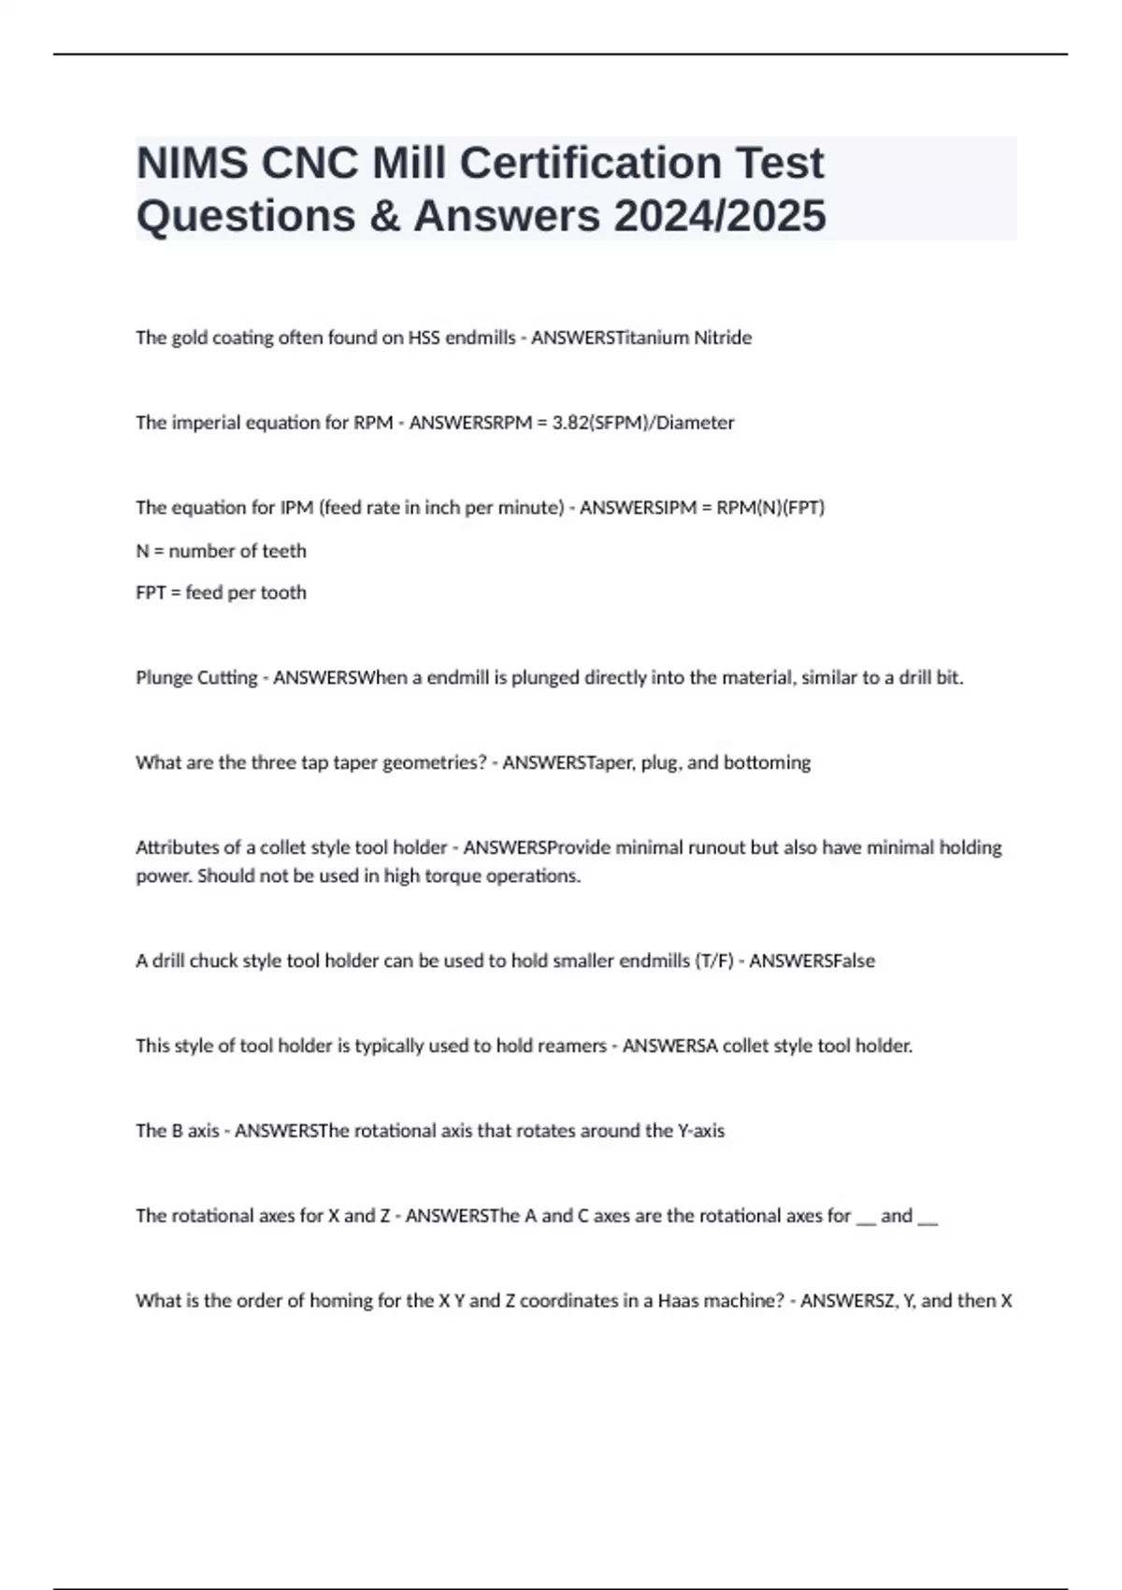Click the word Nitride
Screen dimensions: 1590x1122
722,338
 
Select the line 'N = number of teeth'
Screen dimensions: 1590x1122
221,551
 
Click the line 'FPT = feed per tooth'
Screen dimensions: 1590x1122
221,593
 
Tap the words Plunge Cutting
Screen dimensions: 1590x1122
196,678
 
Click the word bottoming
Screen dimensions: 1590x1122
767,763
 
